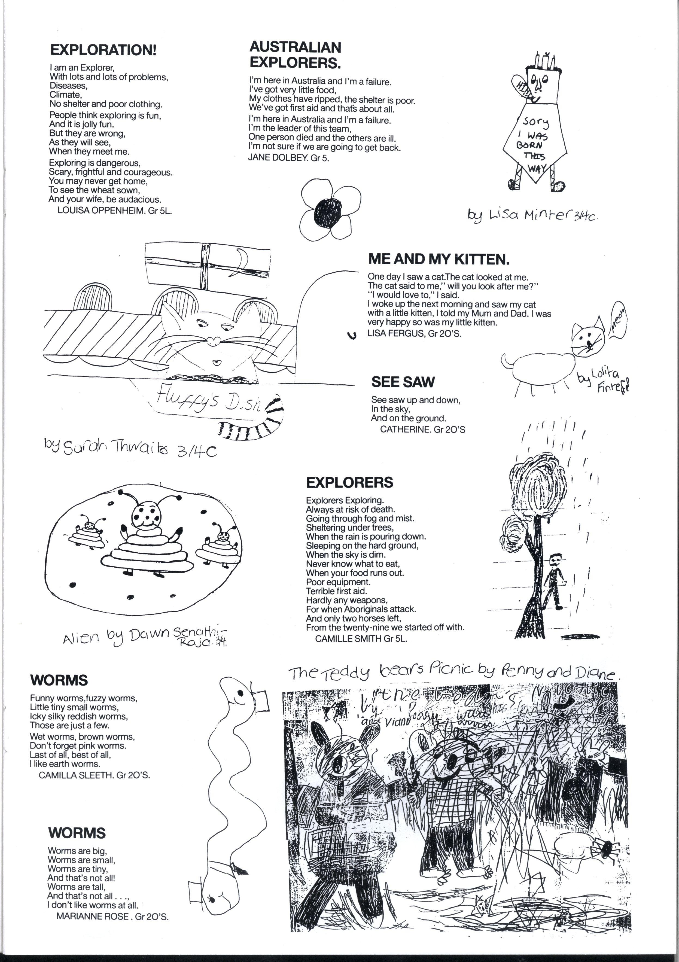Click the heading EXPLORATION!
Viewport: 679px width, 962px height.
(x=103, y=50)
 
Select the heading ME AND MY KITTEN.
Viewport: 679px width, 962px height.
(x=439, y=259)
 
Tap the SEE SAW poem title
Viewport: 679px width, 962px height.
(x=403, y=382)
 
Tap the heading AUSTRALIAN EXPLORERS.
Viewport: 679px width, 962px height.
(x=295, y=54)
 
